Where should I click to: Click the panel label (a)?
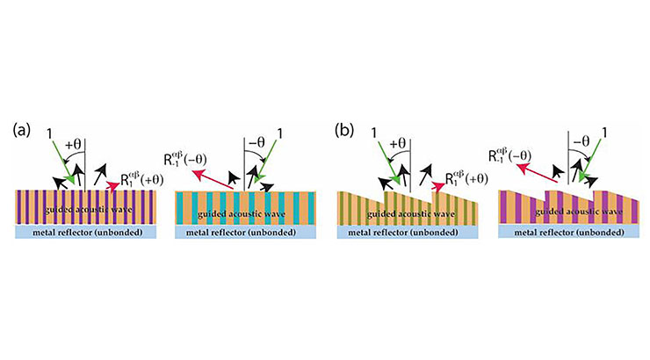[22, 131]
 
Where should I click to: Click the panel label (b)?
[344, 131]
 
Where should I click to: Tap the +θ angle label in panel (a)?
[73, 145]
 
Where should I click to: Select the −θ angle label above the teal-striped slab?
[256, 142]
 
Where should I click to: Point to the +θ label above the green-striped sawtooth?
[399, 144]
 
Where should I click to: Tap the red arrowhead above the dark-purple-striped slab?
[112, 186]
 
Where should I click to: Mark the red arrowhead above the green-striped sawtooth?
[437, 185]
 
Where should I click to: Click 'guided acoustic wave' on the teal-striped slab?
[242, 214]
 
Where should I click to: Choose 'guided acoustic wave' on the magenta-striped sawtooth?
[579, 212]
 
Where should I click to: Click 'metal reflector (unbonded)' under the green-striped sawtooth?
[403, 233]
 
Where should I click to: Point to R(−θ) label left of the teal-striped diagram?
[184, 159]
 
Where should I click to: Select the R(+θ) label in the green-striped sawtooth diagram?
[466, 178]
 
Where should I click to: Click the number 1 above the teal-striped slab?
[280, 133]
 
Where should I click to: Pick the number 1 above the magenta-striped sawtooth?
[604, 133]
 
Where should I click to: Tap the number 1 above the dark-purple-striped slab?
[50, 133]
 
